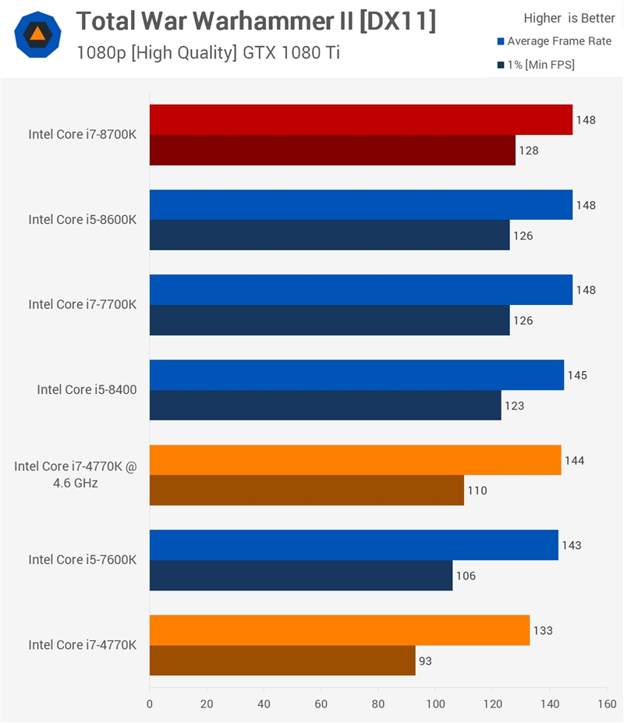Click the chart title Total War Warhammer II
point(255,21)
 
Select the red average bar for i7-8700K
point(360,120)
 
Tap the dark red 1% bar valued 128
point(332,151)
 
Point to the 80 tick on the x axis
point(378,703)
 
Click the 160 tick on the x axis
point(606,703)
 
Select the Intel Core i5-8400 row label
point(87,389)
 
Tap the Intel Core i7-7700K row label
point(83,304)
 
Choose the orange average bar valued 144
point(355,460)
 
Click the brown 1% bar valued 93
point(282,661)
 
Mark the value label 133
point(543,630)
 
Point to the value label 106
point(466,576)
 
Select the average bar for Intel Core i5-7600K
point(353,545)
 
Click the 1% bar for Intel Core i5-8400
point(325,406)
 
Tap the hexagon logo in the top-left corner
point(37,35)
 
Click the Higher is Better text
point(569,18)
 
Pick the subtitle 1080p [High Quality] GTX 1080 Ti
point(208,53)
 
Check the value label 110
point(477,491)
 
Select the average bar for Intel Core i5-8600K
point(360,205)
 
